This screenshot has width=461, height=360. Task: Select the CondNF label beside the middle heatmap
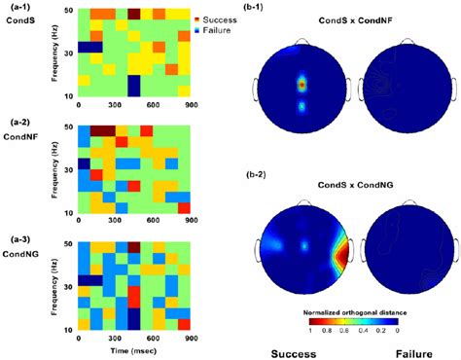point(19,136)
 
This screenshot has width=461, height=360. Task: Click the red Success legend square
point(197,18)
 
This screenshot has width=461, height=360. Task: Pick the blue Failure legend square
point(197,29)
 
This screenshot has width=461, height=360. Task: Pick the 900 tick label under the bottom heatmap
point(190,336)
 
